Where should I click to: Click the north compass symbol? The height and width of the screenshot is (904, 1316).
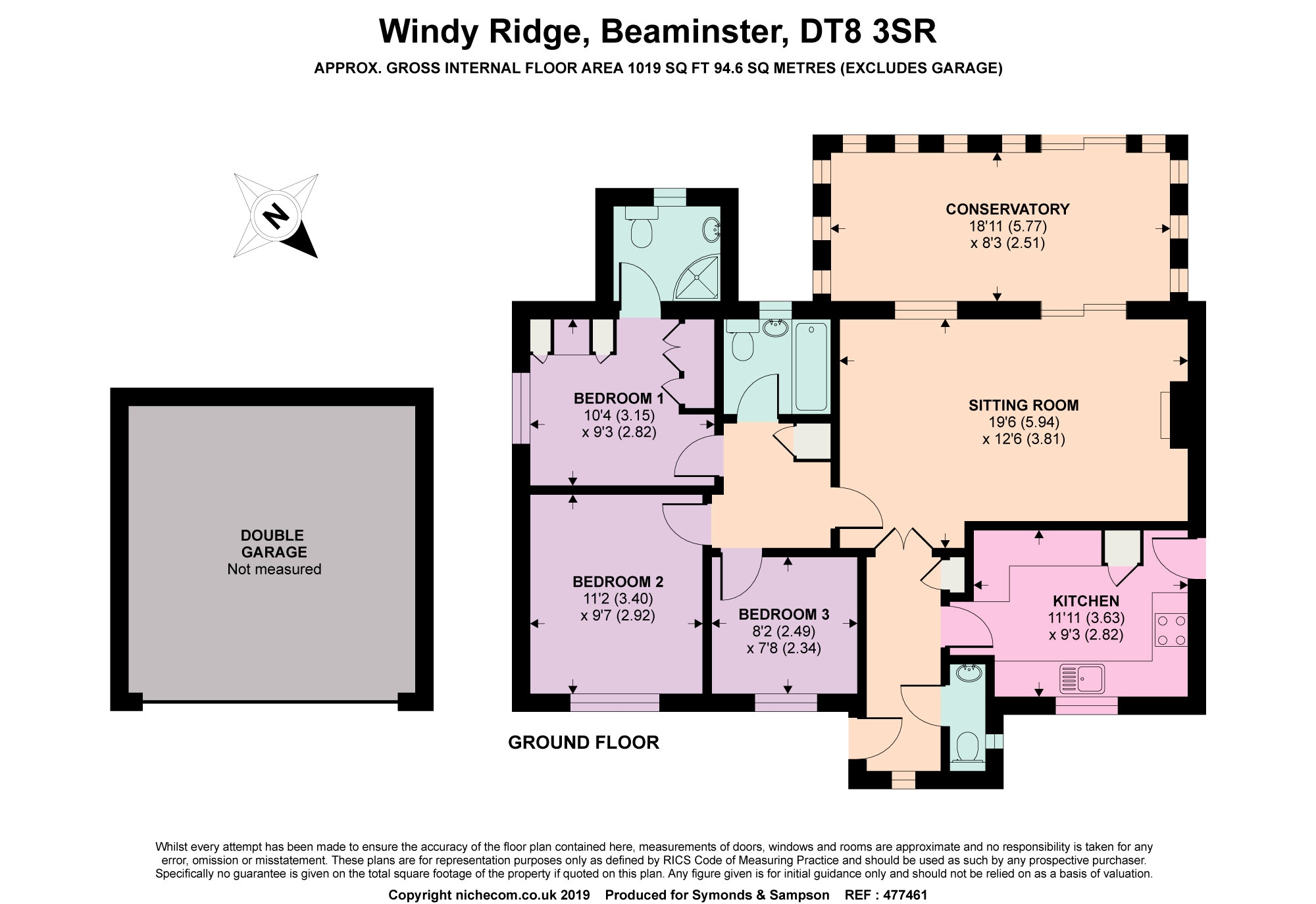(276, 215)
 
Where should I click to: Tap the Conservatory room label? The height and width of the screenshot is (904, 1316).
(1007, 209)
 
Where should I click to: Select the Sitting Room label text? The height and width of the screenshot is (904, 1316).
(1023, 405)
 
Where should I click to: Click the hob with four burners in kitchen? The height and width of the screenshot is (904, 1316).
(1171, 630)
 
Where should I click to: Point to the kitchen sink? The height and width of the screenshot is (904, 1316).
(1082, 679)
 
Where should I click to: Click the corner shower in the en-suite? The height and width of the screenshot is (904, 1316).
(698, 276)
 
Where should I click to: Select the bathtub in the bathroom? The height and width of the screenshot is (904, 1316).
(811, 366)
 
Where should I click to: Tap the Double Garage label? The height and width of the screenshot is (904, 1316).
(273, 543)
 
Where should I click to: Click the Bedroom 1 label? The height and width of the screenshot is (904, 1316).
(619, 398)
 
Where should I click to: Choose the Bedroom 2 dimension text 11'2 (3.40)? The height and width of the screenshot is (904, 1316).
(618, 599)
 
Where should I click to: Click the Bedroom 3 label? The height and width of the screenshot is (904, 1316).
(784, 615)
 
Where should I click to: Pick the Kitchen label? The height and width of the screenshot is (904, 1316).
(1086, 601)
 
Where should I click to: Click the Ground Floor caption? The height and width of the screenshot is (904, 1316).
(583, 742)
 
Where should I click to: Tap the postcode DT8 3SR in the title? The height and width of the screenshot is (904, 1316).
(868, 31)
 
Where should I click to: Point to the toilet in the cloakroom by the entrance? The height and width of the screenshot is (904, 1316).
(967, 747)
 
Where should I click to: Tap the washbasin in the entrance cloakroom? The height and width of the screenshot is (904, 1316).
(969, 672)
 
